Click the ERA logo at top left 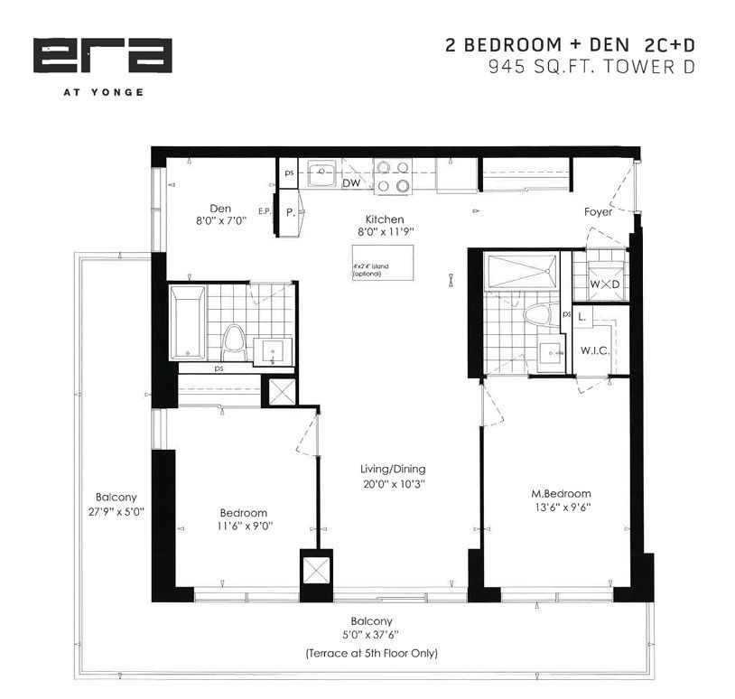pyautogui.click(x=103, y=55)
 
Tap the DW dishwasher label pyautogui.click(x=351, y=182)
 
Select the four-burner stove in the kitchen pyautogui.click(x=393, y=177)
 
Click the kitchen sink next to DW pyautogui.click(x=321, y=173)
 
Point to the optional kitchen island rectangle pyautogui.click(x=383, y=263)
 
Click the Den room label pyautogui.click(x=220, y=209)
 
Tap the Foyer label pyautogui.click(x=598, y=212)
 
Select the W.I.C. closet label pyautogui.click(x=595, y=350)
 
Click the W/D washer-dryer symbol pyautogui.click(x=605, y=284)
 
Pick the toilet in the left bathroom pyautogui.click(x=234, y=342)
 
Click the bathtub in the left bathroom pyautogui.click(x=188, y=322)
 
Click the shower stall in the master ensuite pyautogui.click(x=523, y=271)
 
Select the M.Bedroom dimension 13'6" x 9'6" pyautogui.click(x=561, y=508)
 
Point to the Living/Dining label pyautogui.click(x=393, y=469)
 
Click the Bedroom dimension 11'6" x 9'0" pyautogui.click(x=245, y=527)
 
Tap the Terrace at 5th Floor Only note pyautogui.click(x=371, y=653)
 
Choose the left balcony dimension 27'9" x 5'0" pyautogui.click(x=116, y=511)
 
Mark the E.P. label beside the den pyautogui.click(x=265, y=211)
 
